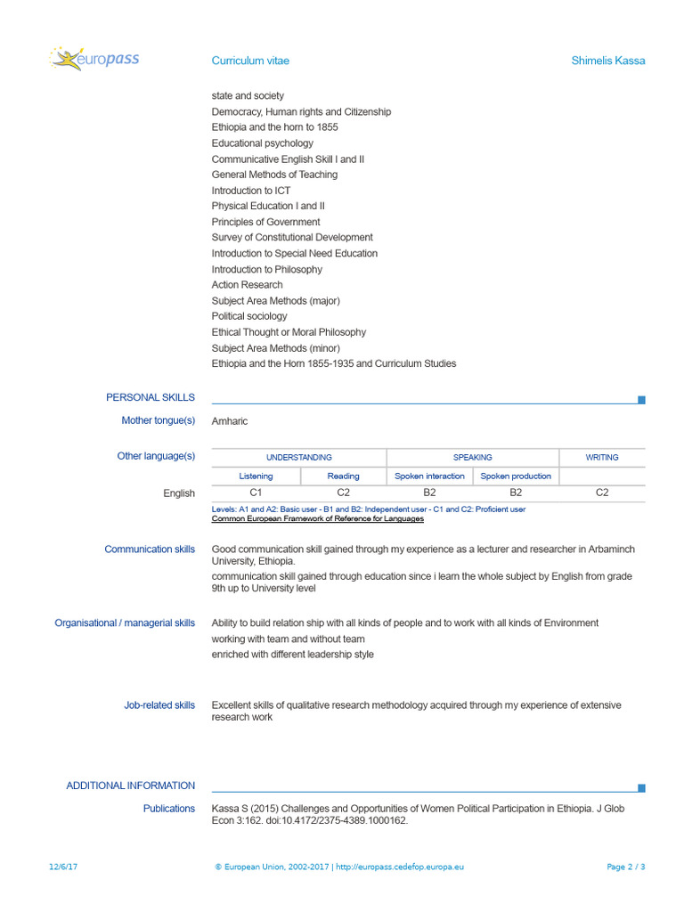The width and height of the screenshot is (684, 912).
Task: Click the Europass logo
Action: (94, 60)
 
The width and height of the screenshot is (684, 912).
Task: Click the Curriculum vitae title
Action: (250, 61)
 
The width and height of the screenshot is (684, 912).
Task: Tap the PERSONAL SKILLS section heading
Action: (151, 397)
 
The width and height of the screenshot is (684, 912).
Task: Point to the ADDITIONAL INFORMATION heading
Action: (130, 786)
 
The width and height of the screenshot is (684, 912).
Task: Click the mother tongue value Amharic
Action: (230, 421)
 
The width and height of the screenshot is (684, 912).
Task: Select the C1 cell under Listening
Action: (256, 492)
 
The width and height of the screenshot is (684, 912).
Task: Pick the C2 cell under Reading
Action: (343, 492)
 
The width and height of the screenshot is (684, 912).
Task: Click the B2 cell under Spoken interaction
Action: (429, 492)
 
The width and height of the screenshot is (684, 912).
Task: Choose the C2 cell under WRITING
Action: (602, 492)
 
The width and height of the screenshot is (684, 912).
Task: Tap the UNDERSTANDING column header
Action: (299, 457)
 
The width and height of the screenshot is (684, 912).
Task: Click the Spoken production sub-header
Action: (516, 476)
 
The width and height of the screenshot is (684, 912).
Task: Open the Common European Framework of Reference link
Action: (317, 518)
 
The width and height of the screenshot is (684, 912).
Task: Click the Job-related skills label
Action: (159, 705)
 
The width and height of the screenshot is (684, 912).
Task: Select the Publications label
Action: (169, 809)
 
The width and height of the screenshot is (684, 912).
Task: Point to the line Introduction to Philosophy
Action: (267, 269)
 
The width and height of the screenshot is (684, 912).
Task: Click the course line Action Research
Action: (247, 285)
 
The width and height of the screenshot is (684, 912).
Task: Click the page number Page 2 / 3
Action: (625, 867)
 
